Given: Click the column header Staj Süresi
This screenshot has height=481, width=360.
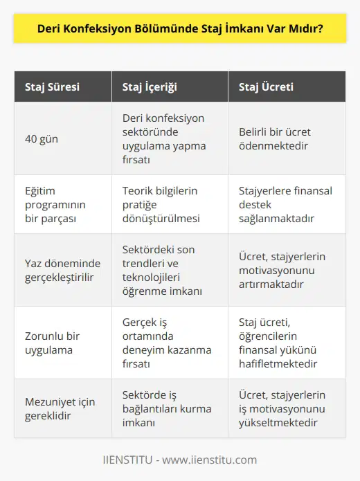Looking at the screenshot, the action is tap(52, 87).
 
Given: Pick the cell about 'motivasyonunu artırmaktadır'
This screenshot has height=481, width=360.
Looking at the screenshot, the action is tap(286, 269).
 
